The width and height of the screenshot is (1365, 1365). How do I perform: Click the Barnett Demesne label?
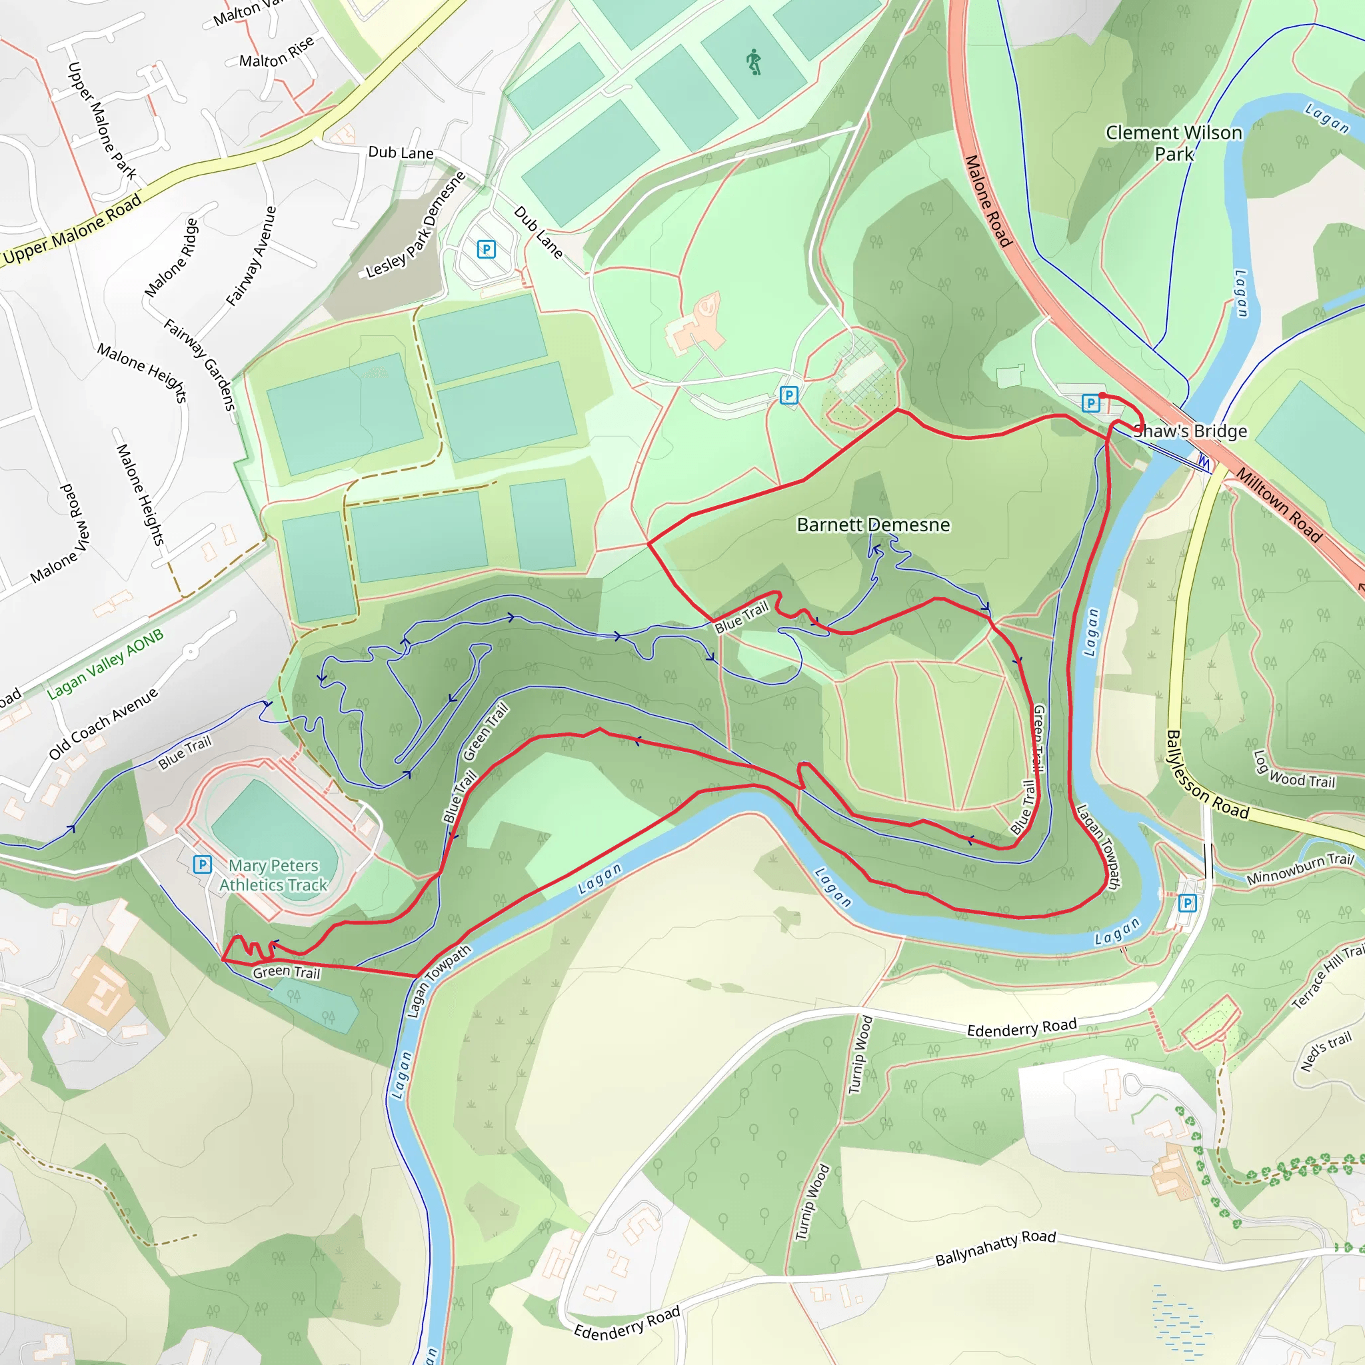point(873,525)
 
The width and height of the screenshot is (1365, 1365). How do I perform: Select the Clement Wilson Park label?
point(1174,143)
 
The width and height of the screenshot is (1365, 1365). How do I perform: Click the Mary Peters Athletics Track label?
point(273,874)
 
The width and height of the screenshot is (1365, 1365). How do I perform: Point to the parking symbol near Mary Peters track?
point(202,864)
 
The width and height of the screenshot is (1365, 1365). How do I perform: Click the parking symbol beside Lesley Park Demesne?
point(486,249)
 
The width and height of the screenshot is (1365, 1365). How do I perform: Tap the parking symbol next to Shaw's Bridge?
point(1091,403)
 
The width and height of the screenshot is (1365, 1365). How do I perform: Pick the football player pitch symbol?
point(754,62)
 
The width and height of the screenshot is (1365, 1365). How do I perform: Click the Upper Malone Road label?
point(72,230)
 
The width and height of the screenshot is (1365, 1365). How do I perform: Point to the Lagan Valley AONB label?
point(105,663)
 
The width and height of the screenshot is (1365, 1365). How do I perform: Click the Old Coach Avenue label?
point(103,723)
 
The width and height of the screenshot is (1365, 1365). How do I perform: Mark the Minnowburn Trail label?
point(1300,868)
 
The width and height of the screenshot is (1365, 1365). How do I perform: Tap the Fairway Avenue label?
point(251,256)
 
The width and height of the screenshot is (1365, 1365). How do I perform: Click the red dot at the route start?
point(1102,396)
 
